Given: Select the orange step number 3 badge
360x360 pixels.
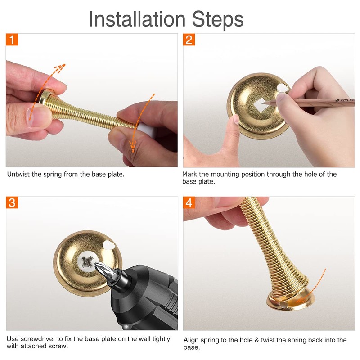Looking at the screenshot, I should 13,202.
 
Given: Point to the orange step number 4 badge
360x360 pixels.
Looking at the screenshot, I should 189,202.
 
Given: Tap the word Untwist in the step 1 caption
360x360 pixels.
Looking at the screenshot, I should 18,174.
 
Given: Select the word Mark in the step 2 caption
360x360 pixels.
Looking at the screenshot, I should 190,174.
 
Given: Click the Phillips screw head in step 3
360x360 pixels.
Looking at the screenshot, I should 87,260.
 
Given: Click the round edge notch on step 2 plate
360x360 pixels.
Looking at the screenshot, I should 283,87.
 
